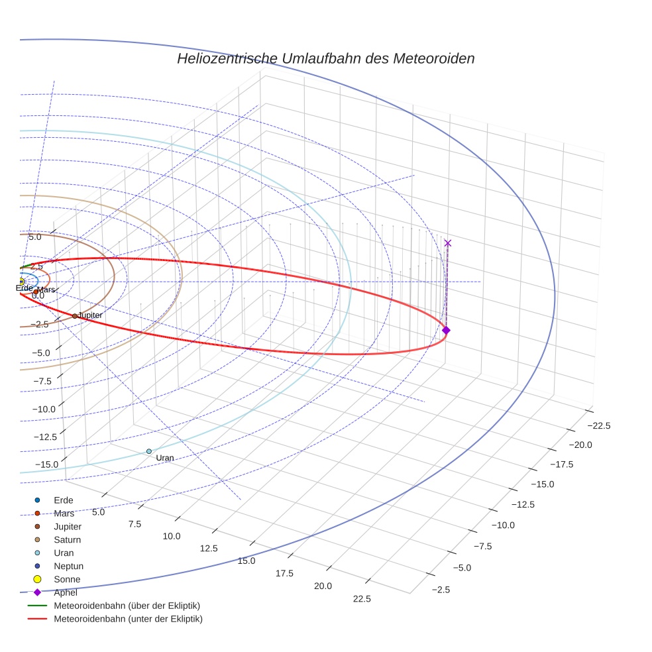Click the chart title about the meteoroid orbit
tap(325, 58)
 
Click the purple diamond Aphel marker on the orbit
tap(446, 330)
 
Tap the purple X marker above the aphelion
tap(448, 243)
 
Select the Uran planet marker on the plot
tap(149, 451)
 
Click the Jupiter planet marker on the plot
tap(75, 316)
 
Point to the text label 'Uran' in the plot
tap(164, 458)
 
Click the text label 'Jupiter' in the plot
tap(90, 315)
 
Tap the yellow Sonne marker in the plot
tap(21, 282)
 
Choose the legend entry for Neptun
tap(68, 566)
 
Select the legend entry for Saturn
tap(67, 539)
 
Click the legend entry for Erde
tap(64, 500)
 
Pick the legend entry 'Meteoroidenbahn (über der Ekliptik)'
tap(127, 606)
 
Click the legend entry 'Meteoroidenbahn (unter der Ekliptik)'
tap(128, 619)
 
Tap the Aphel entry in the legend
tap(66, 592)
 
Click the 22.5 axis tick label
tap(362, 599)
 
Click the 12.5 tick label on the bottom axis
tap(209, 548)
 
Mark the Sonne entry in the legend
tap(67, 579)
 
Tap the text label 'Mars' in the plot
tap(46, 290)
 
